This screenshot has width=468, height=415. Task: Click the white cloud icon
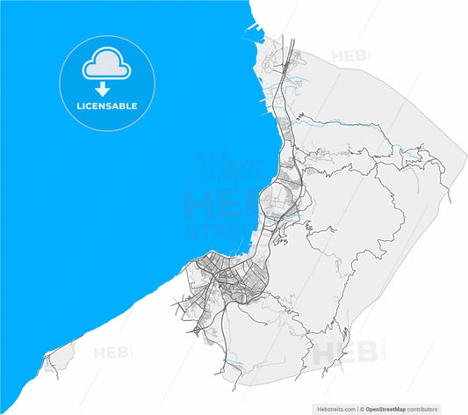pos(102,65)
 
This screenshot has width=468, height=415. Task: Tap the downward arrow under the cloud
pos(103,89)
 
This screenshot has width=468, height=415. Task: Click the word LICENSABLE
pos(106,106)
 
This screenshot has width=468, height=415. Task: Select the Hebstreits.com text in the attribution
pos(333,409)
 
